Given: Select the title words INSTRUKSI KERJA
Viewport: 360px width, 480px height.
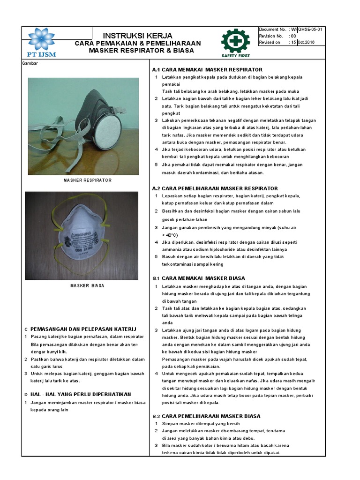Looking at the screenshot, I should [137, 36].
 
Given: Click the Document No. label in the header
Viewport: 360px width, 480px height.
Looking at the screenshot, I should [272, 30].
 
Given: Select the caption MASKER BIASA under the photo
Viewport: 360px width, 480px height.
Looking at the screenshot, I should [87, 285].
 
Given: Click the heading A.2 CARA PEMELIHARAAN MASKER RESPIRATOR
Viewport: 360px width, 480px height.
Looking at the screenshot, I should [215, 188].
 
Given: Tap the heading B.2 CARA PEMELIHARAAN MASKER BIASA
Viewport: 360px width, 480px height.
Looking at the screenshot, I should [206, 416].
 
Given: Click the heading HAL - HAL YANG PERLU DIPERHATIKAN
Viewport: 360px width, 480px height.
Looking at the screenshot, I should [81, 394].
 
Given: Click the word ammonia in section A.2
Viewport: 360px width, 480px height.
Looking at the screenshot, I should [172, 249].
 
